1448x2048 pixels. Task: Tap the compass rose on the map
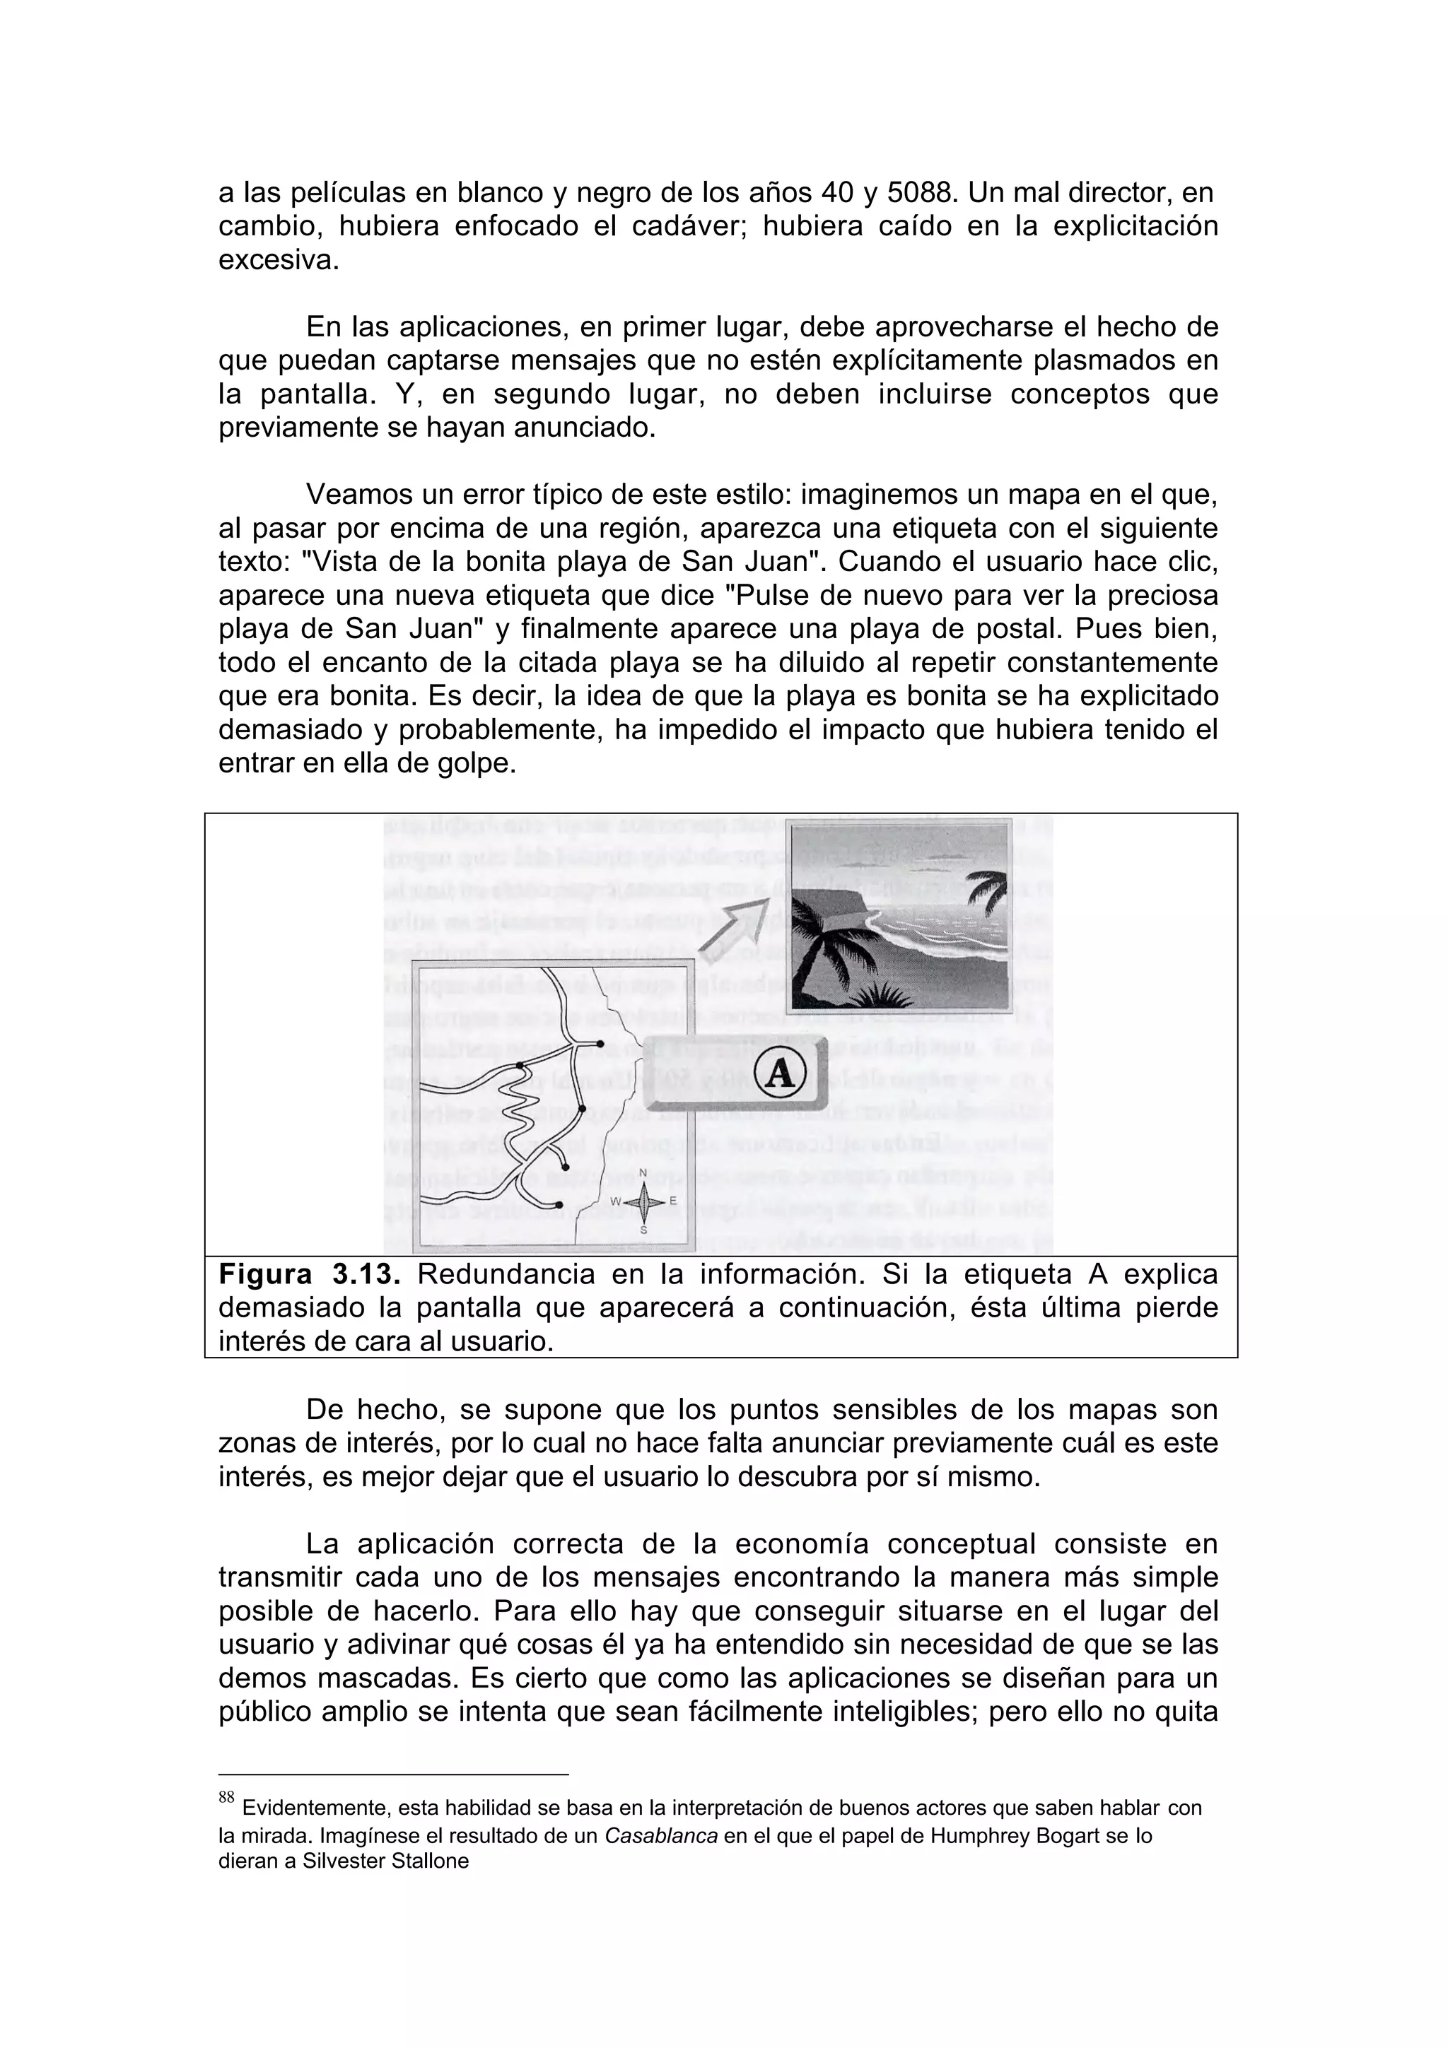pos(644,1201)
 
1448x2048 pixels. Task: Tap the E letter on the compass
pos(672,1201)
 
